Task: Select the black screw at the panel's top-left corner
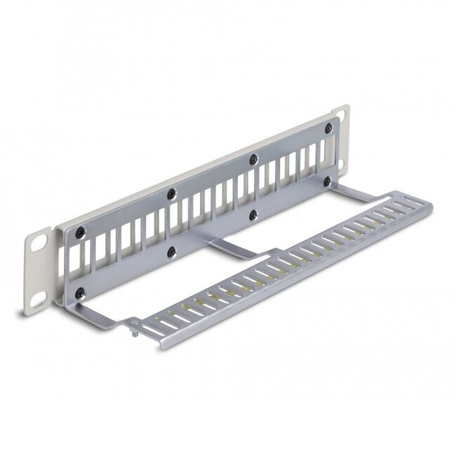[x=81, y=233]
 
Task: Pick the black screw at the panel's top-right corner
[x=329, y=128]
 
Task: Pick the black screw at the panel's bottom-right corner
[x=327, y=181]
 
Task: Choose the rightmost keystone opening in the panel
[x=323, y=152]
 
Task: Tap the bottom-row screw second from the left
[x=170, y=250]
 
